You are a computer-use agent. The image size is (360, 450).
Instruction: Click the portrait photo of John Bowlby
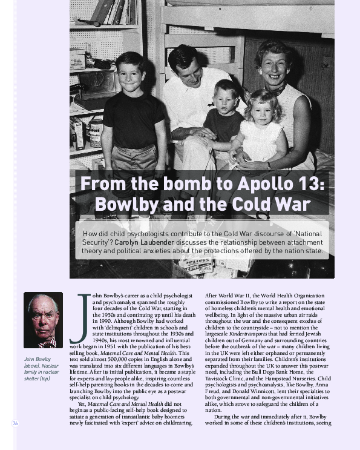(43, 320)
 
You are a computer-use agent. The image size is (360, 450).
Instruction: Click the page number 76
(15, 423)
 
